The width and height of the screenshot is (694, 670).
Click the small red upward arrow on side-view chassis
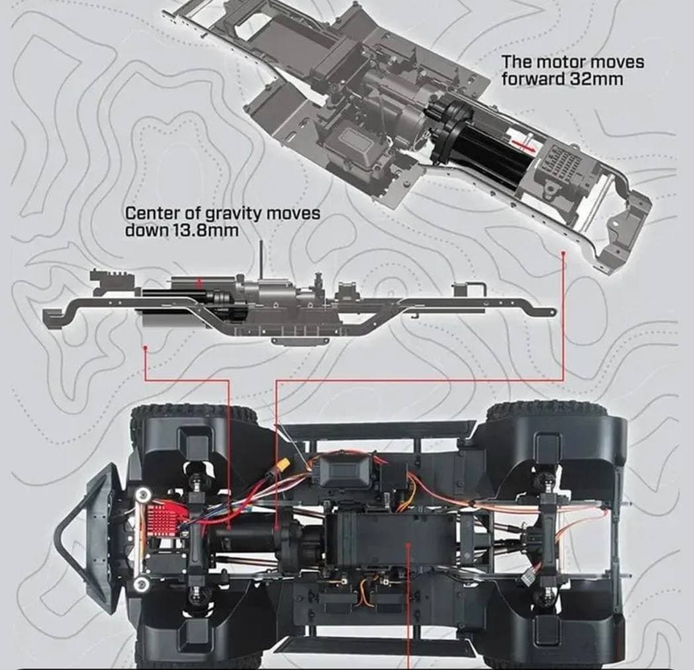coord(200,283)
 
